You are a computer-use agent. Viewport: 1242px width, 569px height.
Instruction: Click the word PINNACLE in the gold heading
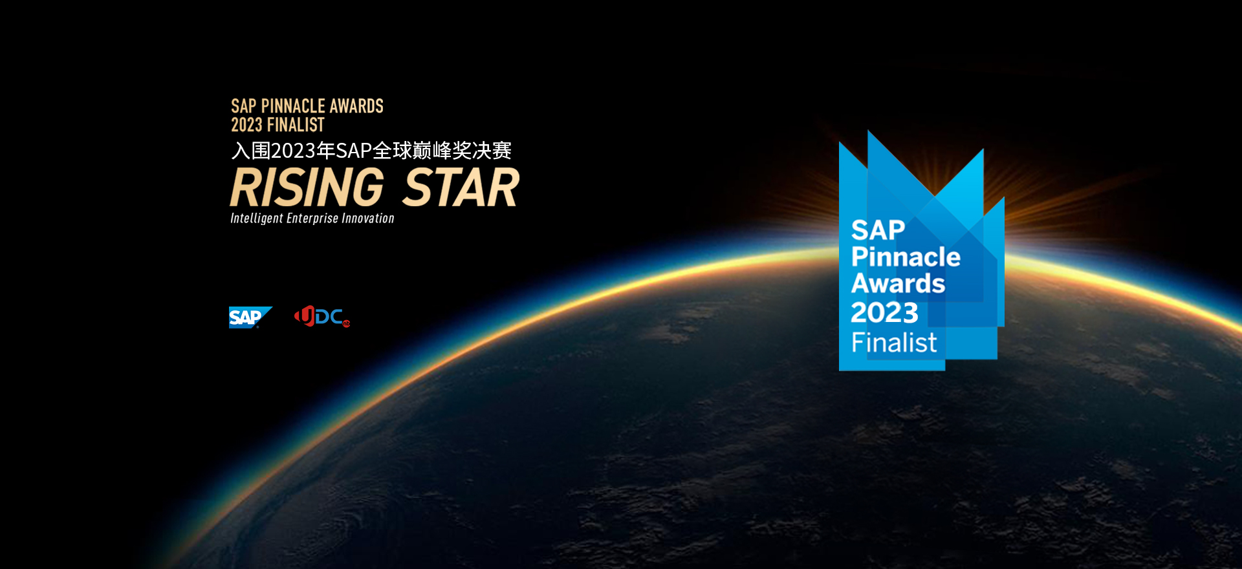(x=292, y=106)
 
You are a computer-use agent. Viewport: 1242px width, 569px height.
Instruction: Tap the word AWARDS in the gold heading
(x=356, y=106)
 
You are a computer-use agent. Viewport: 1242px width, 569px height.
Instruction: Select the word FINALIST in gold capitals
(x=296, y=125)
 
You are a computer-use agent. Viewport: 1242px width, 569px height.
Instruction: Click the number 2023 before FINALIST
(x=246, y=125)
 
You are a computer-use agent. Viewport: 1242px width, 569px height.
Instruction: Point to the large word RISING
(x=307, y=188)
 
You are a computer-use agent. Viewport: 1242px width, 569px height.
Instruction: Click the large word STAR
(x=461, y=188)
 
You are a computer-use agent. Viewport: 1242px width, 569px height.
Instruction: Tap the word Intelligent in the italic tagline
(x=257, y=219)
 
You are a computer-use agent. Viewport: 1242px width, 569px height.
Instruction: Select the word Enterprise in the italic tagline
(x=312, y=219)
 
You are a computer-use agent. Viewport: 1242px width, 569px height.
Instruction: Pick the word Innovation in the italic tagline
(x=368, y=219)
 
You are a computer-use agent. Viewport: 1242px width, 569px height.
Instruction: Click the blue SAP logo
(x=250, y=317)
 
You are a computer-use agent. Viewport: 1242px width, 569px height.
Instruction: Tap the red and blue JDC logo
(x=322, y=316)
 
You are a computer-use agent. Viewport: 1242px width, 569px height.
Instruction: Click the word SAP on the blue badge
(x=878, y=230)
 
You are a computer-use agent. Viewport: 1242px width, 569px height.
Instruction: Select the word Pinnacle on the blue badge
(x=906, y=257)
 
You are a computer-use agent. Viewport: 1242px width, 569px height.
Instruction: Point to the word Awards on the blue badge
(x=898, y=283)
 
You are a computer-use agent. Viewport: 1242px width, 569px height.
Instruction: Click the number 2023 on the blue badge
(x=884, y=313)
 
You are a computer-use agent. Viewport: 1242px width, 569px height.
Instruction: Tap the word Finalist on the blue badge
(x=894, y=342)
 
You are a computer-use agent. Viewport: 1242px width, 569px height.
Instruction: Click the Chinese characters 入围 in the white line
(x=251, y=151)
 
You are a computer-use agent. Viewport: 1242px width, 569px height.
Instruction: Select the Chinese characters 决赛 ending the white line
(x=492, y=151)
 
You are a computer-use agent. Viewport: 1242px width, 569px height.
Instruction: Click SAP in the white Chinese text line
(x=353, y=151)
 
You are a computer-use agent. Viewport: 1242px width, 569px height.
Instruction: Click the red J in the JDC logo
(x=305, y=316)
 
